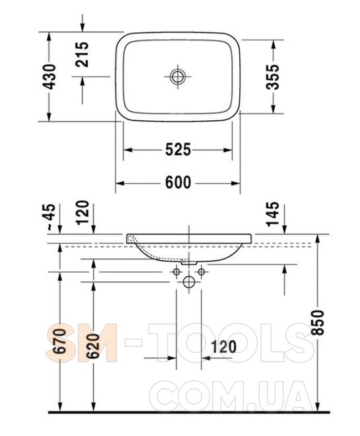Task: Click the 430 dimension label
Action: pos(50,77)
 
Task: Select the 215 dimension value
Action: pos(83,54)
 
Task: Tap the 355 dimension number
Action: pos(272,77)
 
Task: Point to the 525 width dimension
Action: pos(178,150)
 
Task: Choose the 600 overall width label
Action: pos(178,183)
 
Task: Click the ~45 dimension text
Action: pos(50,217)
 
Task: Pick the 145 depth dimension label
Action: pos(272,213)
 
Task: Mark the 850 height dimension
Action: pos(318,322)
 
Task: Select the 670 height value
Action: pos(60,341)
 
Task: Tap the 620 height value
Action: pos(94,345)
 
